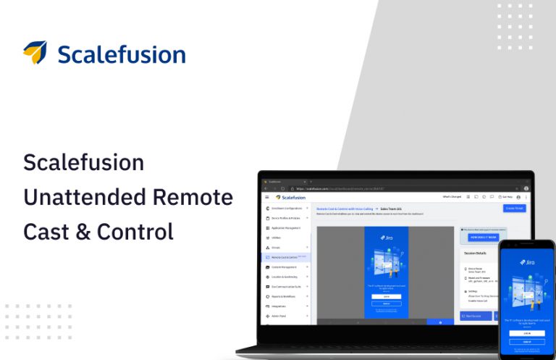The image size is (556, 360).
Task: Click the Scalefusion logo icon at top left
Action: point(35,53)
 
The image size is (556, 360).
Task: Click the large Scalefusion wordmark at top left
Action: point(121,54)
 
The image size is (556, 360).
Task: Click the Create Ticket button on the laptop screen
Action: point(515,208)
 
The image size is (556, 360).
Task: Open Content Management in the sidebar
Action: point(285,267)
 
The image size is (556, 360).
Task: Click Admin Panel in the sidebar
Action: point(279,317)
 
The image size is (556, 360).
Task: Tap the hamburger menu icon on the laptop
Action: point(266,197)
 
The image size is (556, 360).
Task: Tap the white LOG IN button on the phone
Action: point(526,332)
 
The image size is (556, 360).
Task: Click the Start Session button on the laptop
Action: point(474,317)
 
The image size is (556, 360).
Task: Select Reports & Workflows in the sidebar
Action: point(285,297)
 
